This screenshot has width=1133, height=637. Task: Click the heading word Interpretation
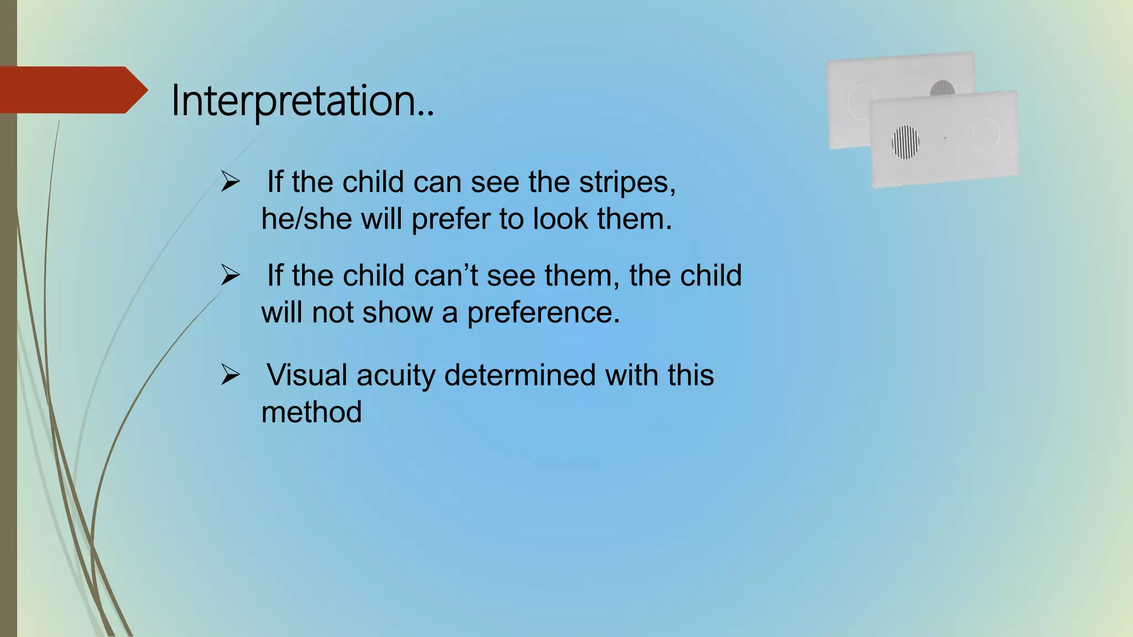(x=302, y=101)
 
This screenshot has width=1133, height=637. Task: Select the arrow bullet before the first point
(x=230, y=181)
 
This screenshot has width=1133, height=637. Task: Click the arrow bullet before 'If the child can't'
(x=230, y=275)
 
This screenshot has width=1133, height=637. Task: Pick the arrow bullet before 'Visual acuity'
(x=230, y=374)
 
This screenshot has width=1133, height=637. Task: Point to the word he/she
(x=306, y=219)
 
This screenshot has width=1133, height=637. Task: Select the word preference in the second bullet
(x=543, y=313)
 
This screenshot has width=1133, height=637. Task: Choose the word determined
(x=520, y=375)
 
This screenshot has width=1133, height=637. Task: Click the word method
(x=311, y=412)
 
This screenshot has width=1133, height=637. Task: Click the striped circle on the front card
(x=906, y=142)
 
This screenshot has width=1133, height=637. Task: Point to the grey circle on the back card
(x=942, y=88)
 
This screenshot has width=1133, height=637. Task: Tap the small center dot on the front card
(x=945, y=138)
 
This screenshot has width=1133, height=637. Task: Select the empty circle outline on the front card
(x=986, y=134)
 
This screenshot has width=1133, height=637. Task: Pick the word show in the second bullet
(x=397, y=313)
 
